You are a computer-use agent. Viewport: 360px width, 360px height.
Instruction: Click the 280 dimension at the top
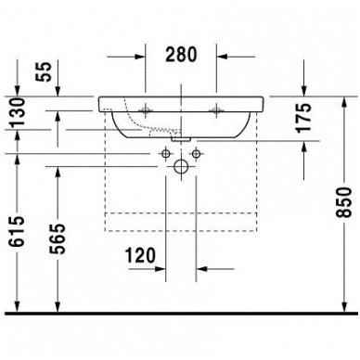181,55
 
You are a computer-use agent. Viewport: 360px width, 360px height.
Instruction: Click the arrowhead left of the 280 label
141,55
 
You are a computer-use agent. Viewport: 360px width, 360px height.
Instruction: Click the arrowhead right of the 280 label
222,55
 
